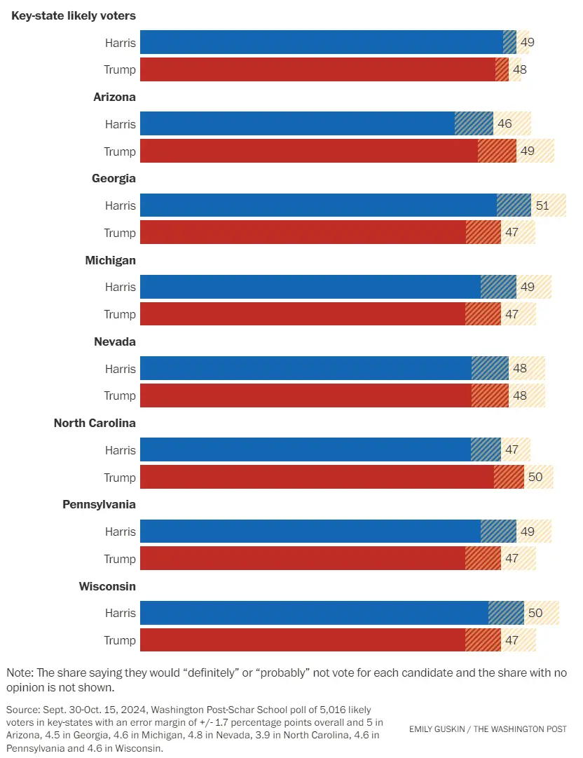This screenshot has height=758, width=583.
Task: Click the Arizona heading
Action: (x=114, y=97)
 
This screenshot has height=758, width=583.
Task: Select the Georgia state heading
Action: (x=114, y=178)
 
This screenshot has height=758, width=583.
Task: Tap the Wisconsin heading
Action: (x=107, y=586)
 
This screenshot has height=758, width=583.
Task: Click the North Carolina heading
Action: (x=95, y=423)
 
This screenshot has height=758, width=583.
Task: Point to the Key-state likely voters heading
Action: (x=74, y=15)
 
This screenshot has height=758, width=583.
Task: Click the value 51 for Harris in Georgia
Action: (x=542, y=205)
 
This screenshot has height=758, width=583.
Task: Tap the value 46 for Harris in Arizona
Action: (x=505, y=124)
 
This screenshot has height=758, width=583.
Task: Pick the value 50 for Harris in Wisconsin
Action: (x=535, y=613)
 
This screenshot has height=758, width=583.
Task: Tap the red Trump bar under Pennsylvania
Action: (x=303, y=559)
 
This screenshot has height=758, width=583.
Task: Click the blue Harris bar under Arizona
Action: (x=298, y=124)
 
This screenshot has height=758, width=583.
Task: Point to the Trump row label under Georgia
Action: (x=120, y=233)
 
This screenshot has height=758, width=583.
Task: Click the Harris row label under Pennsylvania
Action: (x=121, y=532)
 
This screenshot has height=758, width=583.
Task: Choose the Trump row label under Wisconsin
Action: (x=120, y=640)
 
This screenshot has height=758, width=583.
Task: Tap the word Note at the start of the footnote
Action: (x=20, y=672)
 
